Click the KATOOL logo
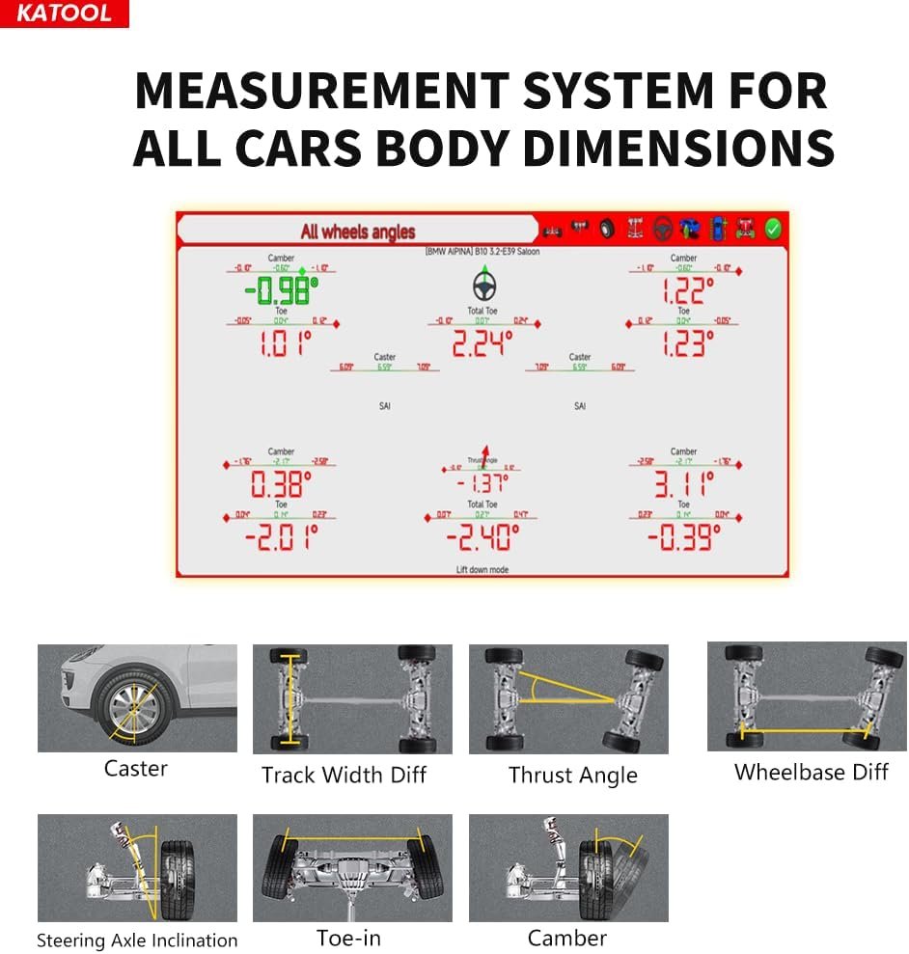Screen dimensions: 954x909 click(x=64, y=14)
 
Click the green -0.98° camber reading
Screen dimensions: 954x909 click(x=281, y=288)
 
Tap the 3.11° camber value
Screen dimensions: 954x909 click(x=683, y=482)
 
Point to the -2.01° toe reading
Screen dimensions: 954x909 click(x=281, y=535)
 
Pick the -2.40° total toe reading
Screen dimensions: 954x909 click(x=482, y=536)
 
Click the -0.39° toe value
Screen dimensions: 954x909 click(x=683, y=536)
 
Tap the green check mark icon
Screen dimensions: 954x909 click(x=773, y=230)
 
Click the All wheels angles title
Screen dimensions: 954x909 click(x=357, y=232)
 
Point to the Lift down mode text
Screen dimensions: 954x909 click(x=482, y=570)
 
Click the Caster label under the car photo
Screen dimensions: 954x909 click(x=136, y=769)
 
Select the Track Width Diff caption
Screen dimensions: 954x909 click(x=344, y=775)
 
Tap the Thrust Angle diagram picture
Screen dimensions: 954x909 click(x=568, y=698)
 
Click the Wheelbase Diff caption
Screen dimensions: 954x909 click(x=811, y=772)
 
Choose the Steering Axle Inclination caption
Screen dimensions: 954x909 click(x=137, y=940)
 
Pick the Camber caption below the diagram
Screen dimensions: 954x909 click(x=567, y=938)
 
